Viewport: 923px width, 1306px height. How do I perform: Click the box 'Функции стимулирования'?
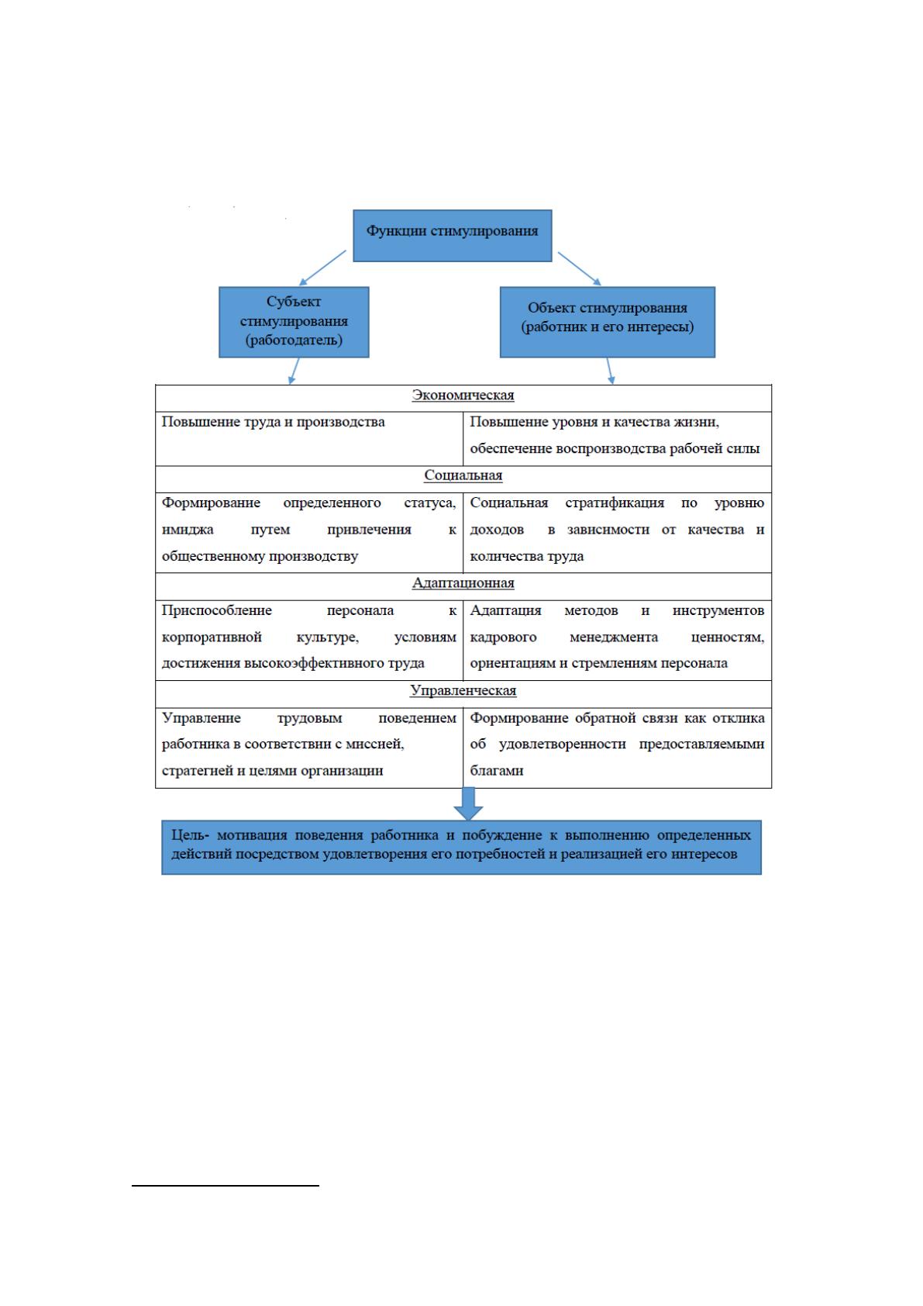pos(452,236)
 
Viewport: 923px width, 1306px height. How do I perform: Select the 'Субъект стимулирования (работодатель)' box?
pos(294,322)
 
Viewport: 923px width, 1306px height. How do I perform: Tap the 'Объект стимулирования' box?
pos(607,322)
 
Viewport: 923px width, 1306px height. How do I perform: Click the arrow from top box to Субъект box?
pos(322,268)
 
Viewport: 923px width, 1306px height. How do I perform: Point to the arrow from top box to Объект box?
pos(579,269)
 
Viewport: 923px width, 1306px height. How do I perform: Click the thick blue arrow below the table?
pos(468,804)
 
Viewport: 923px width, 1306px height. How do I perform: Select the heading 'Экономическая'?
pos(463,396)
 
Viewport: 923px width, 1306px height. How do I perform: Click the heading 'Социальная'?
pos(463,475)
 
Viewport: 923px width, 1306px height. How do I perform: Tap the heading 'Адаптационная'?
pos(463,583)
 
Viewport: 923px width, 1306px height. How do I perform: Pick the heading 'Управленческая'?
pos(463,691)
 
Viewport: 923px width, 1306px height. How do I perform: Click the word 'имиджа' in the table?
pos(188,530)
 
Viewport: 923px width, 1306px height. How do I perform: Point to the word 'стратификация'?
pos(615,503)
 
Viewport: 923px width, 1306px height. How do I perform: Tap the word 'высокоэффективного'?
pos(311,664)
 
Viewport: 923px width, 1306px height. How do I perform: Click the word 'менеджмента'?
pos(614,637)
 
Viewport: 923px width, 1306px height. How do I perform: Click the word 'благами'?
pos(497,771)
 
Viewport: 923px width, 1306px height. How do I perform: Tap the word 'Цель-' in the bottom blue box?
pos(190,835)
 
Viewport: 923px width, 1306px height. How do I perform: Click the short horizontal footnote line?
pos(226,1185)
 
